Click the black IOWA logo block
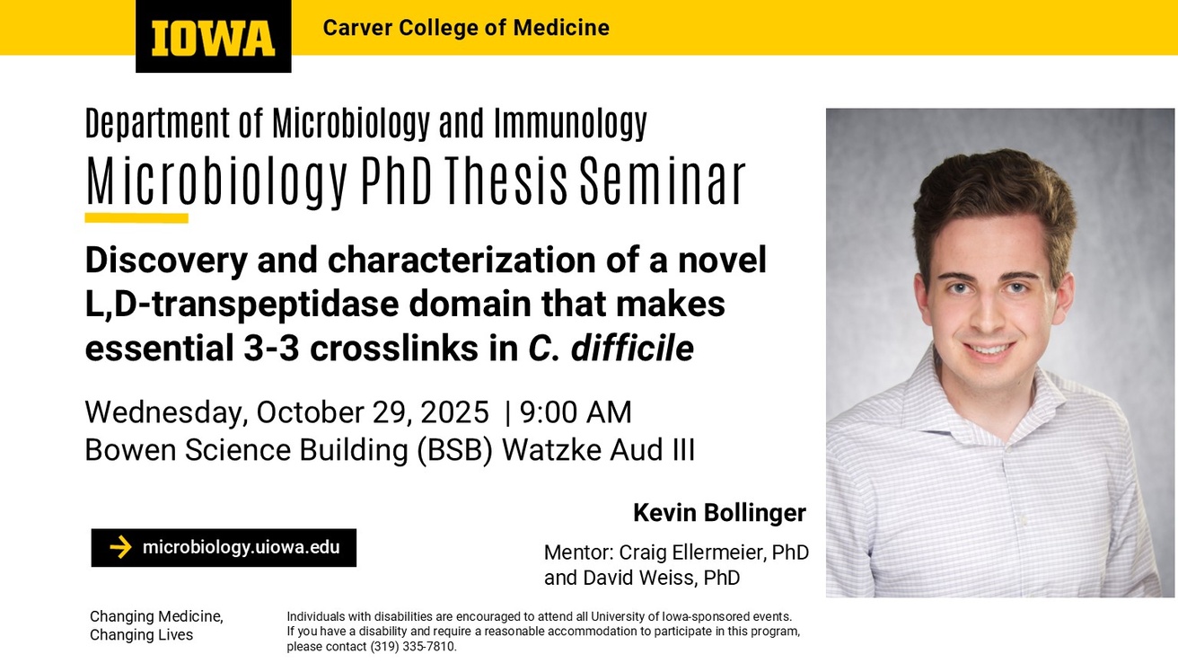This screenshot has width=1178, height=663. pyautogui.click(x=213, y=37)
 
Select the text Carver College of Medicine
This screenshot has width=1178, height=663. pyautogui.click(x=465, y=28)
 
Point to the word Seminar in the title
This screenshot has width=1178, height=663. pyautogui.click(x=662, y=181)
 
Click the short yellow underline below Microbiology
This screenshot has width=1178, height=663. pyautogui.click(x=136, y=218)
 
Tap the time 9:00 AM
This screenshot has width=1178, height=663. pyautogui.click(x=576, y=411)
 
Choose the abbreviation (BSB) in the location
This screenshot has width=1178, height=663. pyautogui.click(x=454, y=449)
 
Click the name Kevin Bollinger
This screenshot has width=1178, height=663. pyautogui.click(x=719, y=513)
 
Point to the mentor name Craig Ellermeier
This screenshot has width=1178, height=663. pyautogui.click(x=700, y=552)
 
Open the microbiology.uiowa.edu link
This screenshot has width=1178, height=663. pyautogui.click(x=241, y=547)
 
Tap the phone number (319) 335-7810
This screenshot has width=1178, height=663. pyautogui.click(x=412, y=646)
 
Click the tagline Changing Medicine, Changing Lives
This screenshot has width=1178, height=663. pyautogui.click(x=156, y=625)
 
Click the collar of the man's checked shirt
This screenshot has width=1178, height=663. pyautogui.click(x=934, y=386)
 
